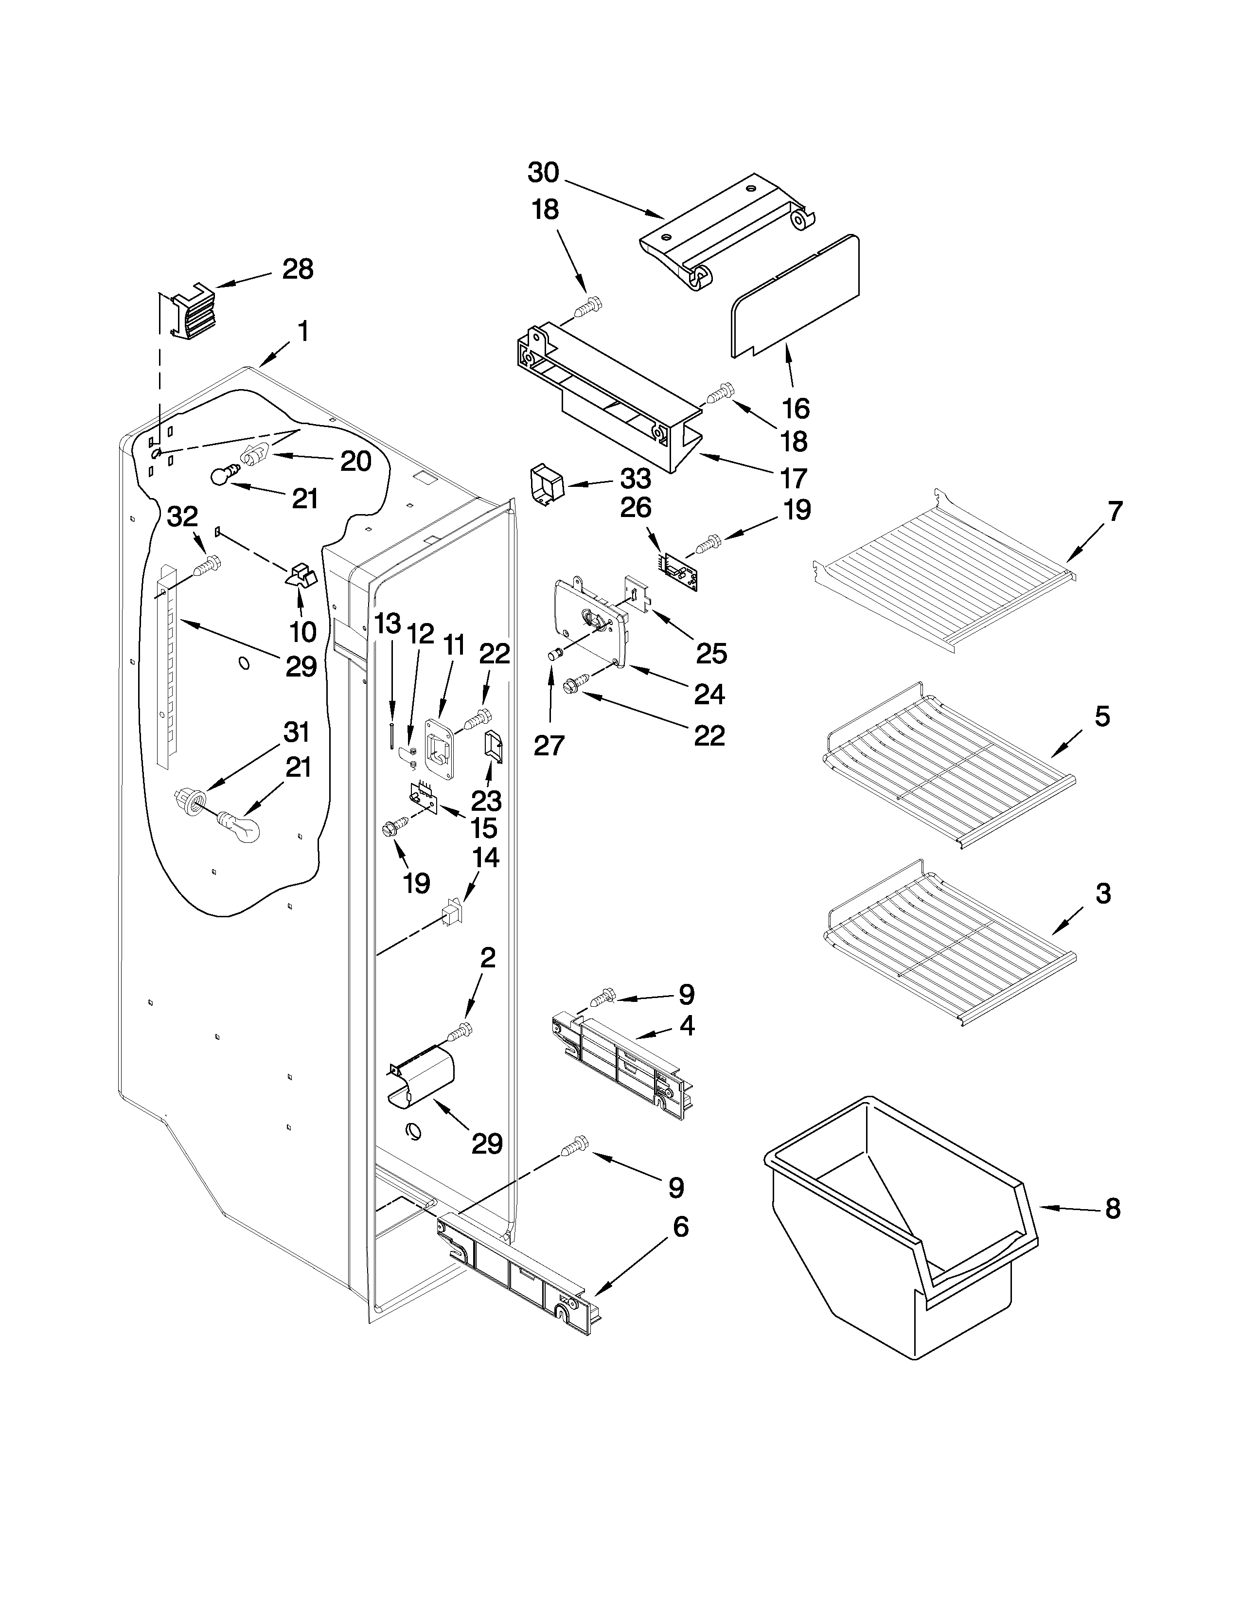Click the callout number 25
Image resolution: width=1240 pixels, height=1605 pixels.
pyautogui.click(x=711, y=653)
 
